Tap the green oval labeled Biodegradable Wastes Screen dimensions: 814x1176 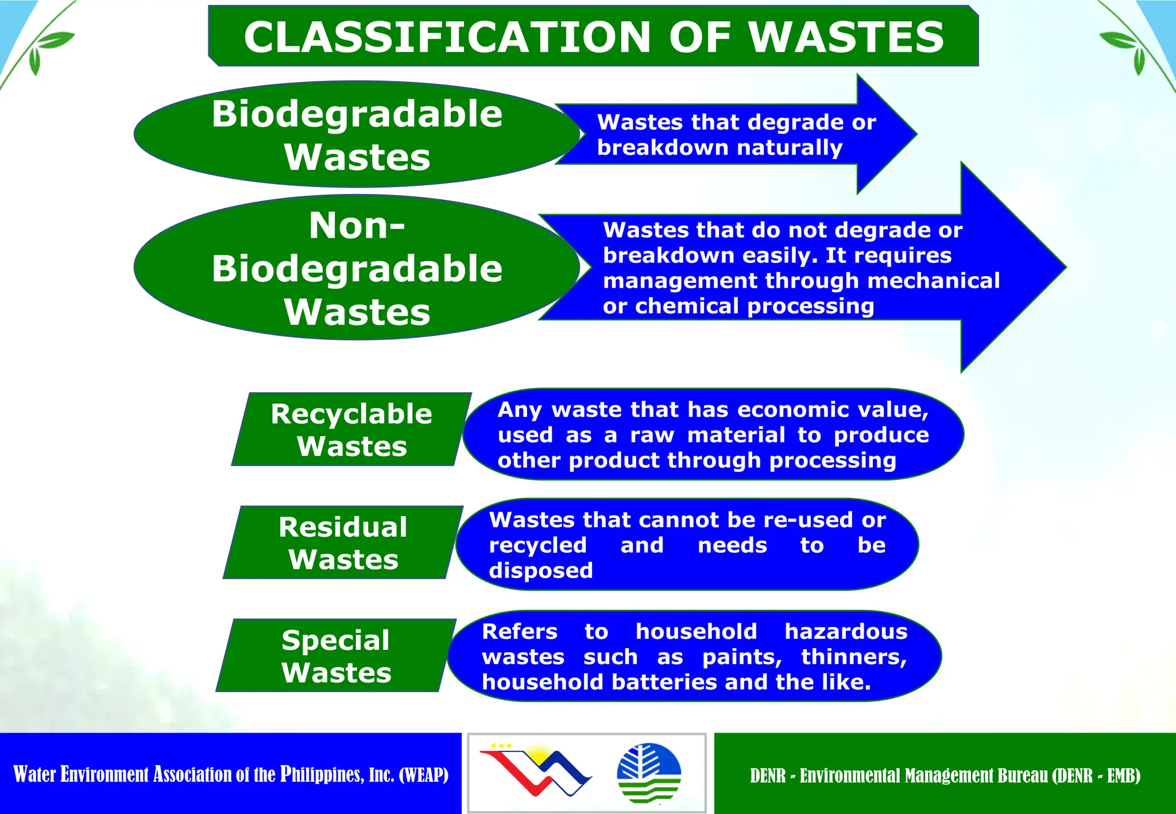[357, 134]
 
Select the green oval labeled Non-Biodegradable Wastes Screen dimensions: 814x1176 [357, 268]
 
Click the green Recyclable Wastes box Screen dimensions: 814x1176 [351, 429]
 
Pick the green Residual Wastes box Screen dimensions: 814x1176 [343, 542]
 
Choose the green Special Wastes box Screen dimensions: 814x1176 [336, 656]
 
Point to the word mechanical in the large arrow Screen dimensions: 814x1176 [934, 281]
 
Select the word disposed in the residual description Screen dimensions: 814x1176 [540, 571]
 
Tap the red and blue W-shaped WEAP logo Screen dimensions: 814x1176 [535, 770]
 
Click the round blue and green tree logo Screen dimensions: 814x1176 [649, 772]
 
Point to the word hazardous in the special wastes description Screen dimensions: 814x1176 [846, 631]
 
